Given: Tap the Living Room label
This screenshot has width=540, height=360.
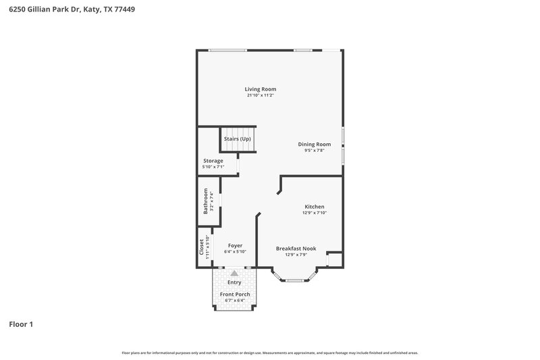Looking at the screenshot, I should (x=260, y=89).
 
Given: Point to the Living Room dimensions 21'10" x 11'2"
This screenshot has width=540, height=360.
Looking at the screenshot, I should (x=260, y=95).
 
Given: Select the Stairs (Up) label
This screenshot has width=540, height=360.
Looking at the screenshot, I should (x=238, y=138).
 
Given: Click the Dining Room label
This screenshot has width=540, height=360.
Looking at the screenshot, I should (x=315, y=144).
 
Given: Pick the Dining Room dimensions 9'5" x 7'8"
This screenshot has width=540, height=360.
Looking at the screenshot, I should (x=315, y=150).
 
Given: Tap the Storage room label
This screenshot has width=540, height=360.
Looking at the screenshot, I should (x=213, y=161).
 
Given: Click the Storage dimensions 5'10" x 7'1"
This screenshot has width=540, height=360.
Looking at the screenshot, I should (x=213, y=167).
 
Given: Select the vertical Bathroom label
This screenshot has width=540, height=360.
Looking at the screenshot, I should (x=206, y=201).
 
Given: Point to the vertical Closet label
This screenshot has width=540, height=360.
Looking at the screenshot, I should (x=201, y=248).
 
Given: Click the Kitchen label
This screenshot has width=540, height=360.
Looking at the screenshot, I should (x=315, y=207).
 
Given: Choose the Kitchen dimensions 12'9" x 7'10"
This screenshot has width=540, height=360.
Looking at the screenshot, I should (x=315, y=213).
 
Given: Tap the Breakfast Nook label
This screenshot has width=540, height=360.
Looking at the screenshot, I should (x=296, y=249).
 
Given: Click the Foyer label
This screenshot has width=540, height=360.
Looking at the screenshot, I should (x=235, y=245).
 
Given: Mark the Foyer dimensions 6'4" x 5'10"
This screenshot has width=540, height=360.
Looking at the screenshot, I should (x=235, y=251).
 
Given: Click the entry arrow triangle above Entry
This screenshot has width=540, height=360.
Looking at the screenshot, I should (x=234, y=274).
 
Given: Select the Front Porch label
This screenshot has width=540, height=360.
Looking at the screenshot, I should (x=234, y=294).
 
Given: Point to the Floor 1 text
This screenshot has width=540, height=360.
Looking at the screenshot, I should (x=21, y=324).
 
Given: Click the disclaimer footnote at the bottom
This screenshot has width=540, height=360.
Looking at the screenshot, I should (x=270, y=353).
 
